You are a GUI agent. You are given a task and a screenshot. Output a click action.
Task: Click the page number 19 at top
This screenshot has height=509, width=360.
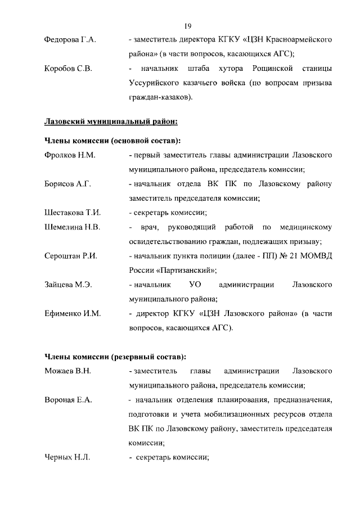tap(188, 26)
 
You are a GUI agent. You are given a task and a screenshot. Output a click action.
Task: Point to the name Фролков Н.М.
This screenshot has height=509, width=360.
tap(67, 154)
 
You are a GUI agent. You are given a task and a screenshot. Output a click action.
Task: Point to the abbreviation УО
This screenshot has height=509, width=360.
tap(195, 285)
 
